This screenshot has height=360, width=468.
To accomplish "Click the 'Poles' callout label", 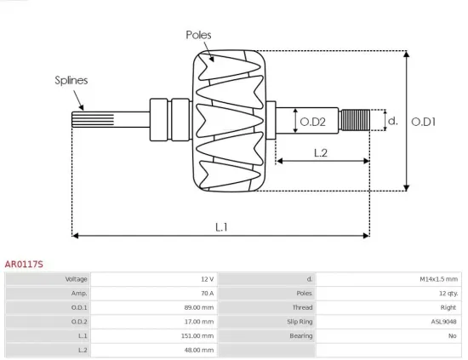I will (x=198, y=35).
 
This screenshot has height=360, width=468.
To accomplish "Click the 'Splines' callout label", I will (x=71, y=81).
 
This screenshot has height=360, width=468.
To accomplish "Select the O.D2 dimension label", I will (x=313, y=122).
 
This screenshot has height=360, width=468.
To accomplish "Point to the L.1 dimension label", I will (x=221, y=226).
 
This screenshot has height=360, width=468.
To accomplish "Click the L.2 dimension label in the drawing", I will (x=321, y=153).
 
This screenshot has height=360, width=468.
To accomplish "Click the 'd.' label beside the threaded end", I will (x=391, y=121).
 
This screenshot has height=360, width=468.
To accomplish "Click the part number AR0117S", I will (x=24, y=265).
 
